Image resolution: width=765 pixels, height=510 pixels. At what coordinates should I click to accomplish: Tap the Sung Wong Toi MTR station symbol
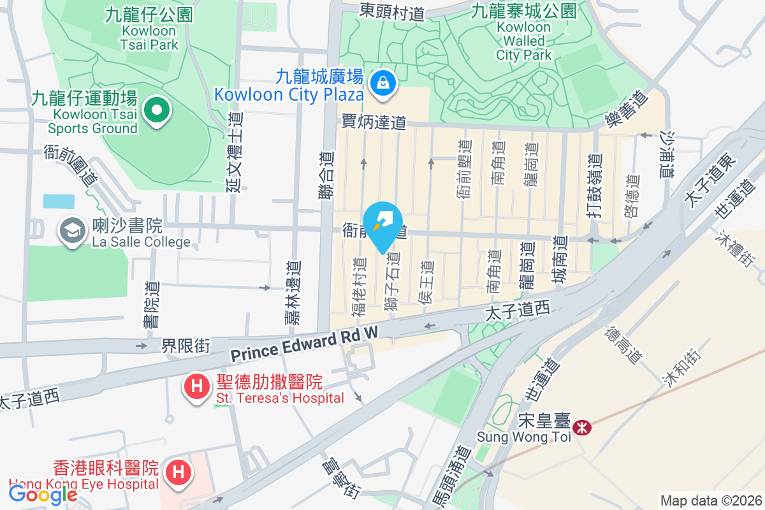tap(581, 428)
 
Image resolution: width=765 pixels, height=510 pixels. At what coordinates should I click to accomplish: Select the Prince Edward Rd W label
tap(304, 342)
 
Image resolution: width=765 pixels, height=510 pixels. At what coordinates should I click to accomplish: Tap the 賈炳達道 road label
tap(374, 122)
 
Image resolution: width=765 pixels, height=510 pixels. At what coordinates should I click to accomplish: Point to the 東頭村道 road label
tap(392, 11)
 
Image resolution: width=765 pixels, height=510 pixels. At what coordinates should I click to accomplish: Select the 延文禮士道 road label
tap(235, 151)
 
